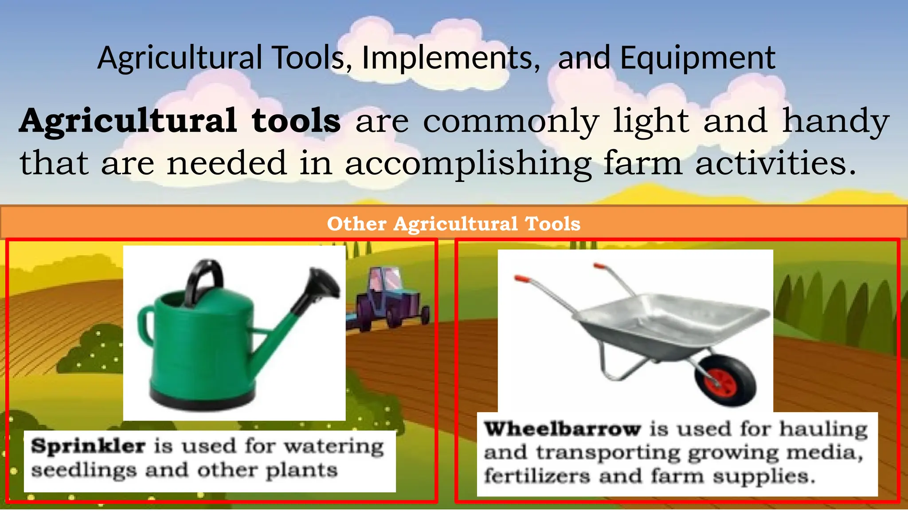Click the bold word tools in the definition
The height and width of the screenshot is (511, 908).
tap(296, 121)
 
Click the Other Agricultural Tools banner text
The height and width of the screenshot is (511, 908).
tap(454, 224)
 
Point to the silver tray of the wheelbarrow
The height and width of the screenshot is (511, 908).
tap(674, 317)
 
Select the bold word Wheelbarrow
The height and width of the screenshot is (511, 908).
tap(562, 429)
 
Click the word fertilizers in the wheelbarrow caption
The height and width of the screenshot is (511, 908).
tap(537, 476)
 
